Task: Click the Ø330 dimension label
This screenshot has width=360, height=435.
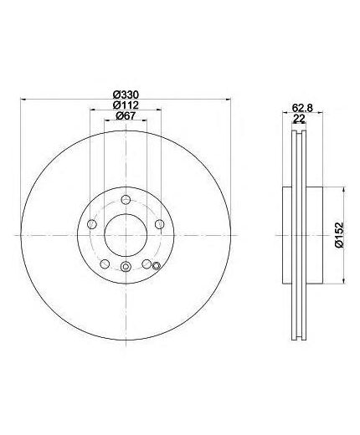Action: click(x=126, y=95)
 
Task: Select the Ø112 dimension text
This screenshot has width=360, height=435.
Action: click(x=126, y=105)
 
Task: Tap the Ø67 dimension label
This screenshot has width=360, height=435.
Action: click(x=126, y=115)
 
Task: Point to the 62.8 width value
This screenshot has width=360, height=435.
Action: click(x=302, y=107)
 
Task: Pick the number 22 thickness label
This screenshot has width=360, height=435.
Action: click(x=299, y=119)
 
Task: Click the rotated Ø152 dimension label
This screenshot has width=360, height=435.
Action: click(x=339, y=235)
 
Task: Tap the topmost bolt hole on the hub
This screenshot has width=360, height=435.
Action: click(x=126, y=199)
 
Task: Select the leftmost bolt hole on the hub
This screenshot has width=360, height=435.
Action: click(x=92, y=224)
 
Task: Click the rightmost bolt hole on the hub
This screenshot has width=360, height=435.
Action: click(x=160, y=224)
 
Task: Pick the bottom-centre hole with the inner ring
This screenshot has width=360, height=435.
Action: click(x=126, y=267)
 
